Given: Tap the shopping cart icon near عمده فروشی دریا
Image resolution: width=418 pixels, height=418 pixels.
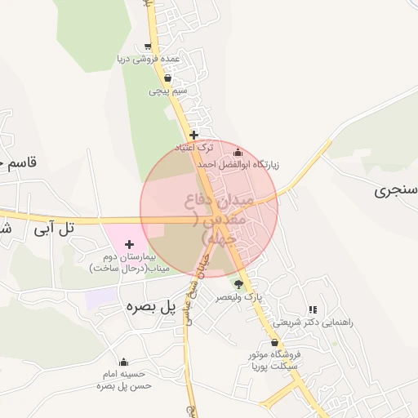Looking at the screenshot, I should (147, 47).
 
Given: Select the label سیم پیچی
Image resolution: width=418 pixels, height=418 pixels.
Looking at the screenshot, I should (168, 91).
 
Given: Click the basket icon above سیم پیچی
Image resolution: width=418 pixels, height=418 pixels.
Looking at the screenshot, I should (167, 79).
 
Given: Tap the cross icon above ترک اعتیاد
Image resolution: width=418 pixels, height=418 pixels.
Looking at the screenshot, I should (193, 135).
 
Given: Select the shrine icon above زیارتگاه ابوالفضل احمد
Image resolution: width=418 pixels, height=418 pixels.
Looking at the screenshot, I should (238, 152).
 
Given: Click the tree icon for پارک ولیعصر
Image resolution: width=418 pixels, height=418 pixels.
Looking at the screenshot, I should (238, 284).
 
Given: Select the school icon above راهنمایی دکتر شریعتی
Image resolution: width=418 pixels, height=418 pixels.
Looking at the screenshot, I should (313, 310).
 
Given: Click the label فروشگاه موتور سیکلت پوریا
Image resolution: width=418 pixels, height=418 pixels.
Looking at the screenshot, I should (274, 360).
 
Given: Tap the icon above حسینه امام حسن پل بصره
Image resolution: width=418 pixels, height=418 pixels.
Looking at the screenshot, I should (124, 362).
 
